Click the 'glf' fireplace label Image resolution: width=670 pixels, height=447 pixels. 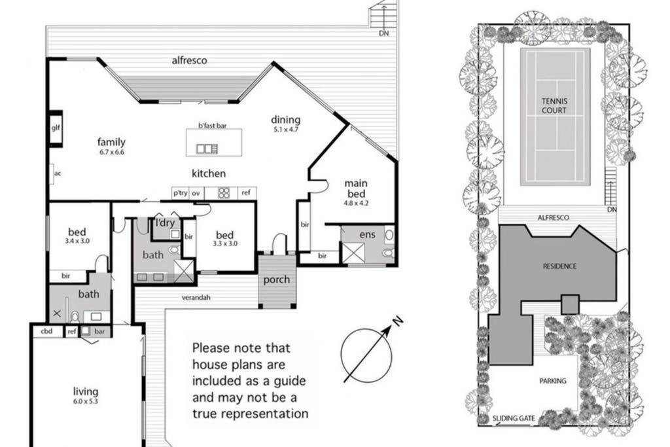point(56,128)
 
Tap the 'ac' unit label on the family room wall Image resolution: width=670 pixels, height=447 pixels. point(58,173)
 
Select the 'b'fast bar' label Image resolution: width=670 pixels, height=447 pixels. point(213,126)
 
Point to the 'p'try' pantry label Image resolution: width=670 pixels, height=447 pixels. point(181,192)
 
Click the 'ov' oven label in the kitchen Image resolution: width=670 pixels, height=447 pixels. point(196,193)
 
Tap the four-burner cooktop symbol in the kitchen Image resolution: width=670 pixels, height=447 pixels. point(224,192)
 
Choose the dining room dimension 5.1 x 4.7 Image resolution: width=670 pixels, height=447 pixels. point(285,130)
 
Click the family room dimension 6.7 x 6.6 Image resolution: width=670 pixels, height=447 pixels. point(111,152)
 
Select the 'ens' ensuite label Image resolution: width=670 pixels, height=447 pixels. point(368,234)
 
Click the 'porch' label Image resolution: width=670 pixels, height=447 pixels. point(277,280)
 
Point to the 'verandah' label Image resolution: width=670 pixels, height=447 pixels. point(196,297)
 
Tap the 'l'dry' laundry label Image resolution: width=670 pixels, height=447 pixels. point(165,223)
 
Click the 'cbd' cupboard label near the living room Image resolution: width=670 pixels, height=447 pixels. point(46,331)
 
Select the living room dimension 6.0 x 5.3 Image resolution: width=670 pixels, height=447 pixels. point(86,401)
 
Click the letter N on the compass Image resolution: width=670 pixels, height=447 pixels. point(398,321)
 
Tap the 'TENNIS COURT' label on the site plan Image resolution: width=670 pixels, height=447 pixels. point(554,105)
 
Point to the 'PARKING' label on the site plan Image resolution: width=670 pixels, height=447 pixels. point(553,381)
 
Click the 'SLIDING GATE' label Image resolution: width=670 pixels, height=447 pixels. point(514,418)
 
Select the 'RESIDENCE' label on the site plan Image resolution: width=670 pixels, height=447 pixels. point(560,266)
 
